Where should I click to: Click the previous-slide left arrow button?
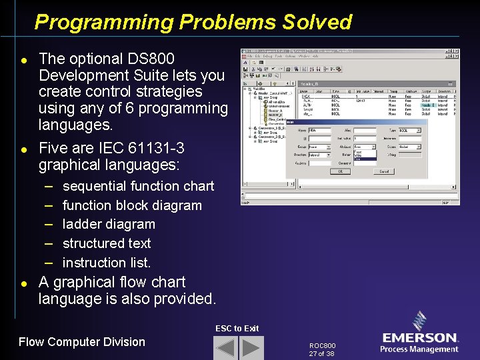tap(226, 348)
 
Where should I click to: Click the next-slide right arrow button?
tap(251, 348)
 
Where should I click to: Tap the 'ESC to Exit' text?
tap(237, 328)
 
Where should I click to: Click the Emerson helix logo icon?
tap(420, 322)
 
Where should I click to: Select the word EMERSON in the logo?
tap(420, 338)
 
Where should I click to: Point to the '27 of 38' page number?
tap(321, 354)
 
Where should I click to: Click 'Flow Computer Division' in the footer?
tap(82, 342)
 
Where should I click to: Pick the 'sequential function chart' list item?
tap(138, 186)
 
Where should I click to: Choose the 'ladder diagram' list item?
tap(108, 224)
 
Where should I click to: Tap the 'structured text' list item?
tap(106, 243)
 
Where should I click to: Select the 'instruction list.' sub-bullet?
tap(106, 263)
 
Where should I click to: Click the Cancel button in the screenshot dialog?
tap(384, 171)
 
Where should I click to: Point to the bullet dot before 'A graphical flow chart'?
tap(24, 283)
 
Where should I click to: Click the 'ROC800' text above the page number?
tap(323, 346)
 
